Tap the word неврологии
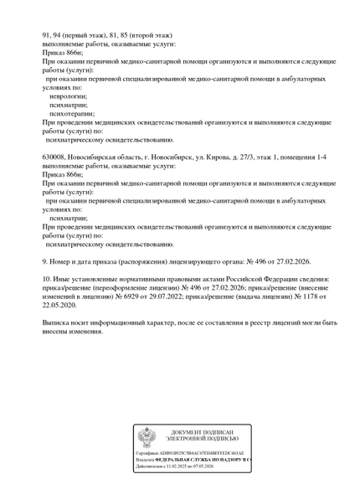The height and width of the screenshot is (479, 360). coord(69,95)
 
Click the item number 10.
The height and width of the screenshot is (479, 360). coord(46,279)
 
